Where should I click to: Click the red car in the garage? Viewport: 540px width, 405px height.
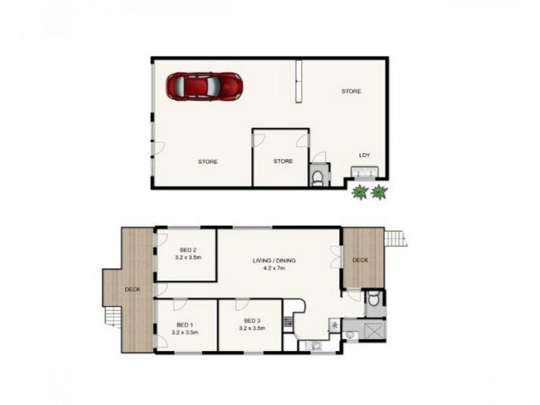tap(205, 86)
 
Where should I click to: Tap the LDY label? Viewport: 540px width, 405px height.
tap(364, 155)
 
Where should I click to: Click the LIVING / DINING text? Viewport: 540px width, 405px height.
tap(275, 261)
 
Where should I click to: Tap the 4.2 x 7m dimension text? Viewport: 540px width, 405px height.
tap(275, 269)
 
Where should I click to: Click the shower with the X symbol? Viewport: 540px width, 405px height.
tap(372, 331)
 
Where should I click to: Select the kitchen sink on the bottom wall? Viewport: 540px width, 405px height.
tap(313, 347)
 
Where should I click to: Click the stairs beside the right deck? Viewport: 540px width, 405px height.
tap(394, 238)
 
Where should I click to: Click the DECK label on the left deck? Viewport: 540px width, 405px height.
tap(133, 290)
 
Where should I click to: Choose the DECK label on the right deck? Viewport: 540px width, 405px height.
tap(360, 261)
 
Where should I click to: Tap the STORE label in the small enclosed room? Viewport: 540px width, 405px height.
tap(283, 161)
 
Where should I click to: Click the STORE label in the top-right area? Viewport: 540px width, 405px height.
tap(350, 91)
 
